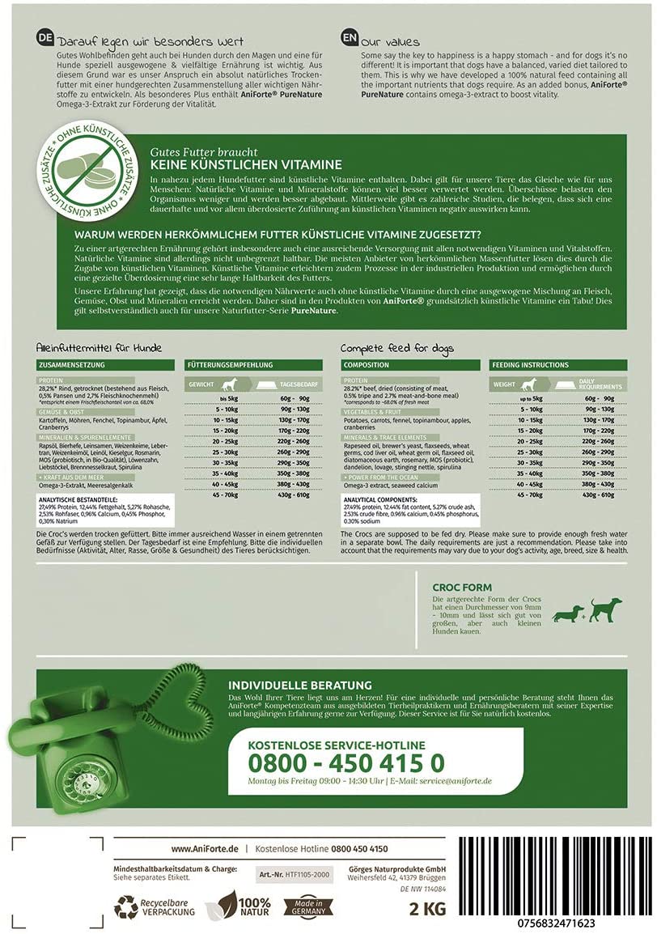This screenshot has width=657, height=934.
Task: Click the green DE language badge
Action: [x=45, y=39]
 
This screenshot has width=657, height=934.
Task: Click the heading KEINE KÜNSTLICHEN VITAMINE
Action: [x=240, y=164]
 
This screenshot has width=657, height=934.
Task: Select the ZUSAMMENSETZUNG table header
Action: [x=68, y=365]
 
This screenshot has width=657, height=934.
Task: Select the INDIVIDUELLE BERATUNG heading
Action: [x=300, y=685]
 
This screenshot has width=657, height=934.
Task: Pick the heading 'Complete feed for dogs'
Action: [x=397, y=348]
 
